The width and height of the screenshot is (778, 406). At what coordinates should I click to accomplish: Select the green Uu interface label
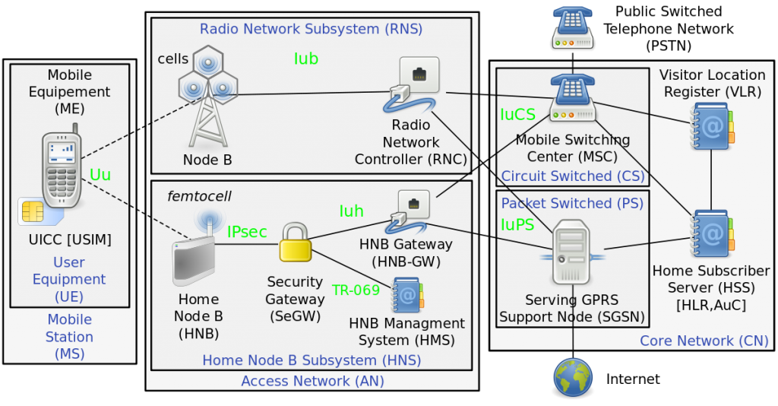tap(100, 175)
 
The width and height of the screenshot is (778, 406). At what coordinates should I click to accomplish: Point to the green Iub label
tap(305, 59)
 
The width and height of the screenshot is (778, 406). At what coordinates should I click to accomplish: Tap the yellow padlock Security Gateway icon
tap(295, 243)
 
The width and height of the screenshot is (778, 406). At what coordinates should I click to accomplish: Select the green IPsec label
tap(247, 232)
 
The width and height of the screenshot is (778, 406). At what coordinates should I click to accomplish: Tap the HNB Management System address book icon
tap(408, 295)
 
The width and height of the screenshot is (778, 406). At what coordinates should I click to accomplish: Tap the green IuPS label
tap(517, 225)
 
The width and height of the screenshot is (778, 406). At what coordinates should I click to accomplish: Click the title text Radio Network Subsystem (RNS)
tap(311, 30)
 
